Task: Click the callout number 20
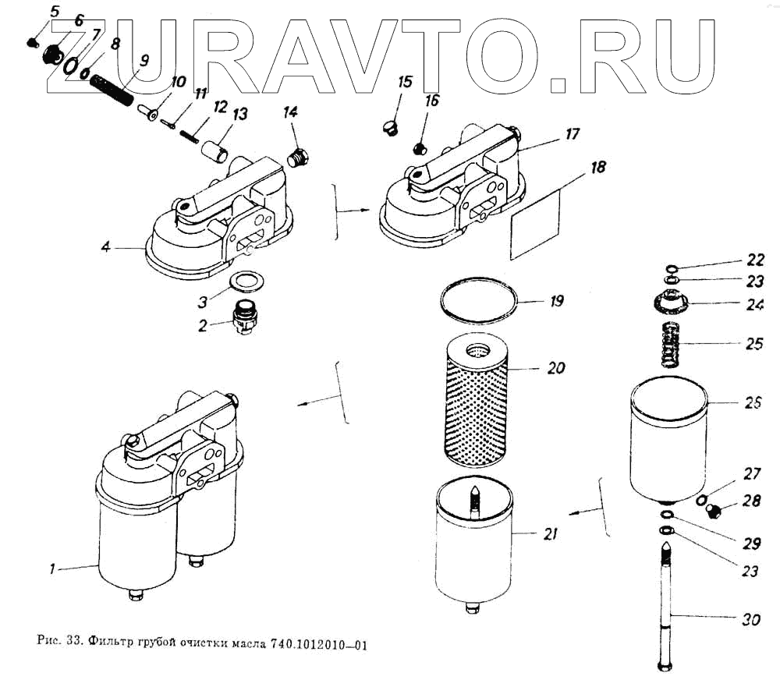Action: tap(556, 367)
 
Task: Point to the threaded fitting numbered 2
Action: tap(244, 316)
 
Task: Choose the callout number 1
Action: tap(52, 569)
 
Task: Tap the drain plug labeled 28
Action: tap(714, 512)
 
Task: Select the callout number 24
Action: tap(753, 305)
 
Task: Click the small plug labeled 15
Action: tap(392, 126)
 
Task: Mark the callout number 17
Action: tap(573, 133)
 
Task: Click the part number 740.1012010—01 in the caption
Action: tap(318, 645)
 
